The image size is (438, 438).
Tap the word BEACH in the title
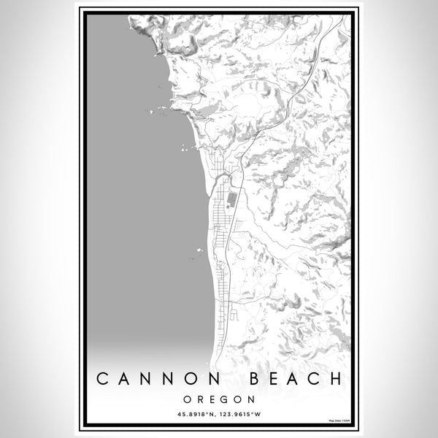click(x=296, y=379)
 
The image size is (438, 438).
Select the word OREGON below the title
click(x=219, y=400)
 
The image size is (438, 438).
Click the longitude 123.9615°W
click(x=243, y=415)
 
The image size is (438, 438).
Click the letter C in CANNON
click(x=104, y=379)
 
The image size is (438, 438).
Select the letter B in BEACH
click(x=257, y=379)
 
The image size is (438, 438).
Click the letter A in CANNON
click(x=125, y=379)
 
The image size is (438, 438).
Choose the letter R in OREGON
click(x=198, y=400)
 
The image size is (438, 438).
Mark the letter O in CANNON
click(x=188, y=379)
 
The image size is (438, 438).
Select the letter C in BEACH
click(x=315, y=379)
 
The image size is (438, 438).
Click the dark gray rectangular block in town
click(x=231, y=198)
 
